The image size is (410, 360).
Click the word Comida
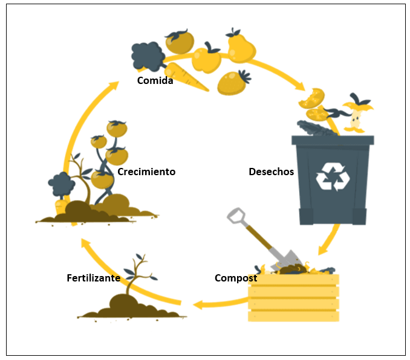[x=155, y=80]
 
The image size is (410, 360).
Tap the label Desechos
[x=271, y=172]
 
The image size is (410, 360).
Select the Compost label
[x=236, y=278]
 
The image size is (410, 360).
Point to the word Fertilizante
[x=94, y=278]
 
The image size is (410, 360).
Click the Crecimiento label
[x=146, y=172]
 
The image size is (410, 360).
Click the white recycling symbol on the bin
[x=333, y=177]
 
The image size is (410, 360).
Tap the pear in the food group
[x=241, y=47]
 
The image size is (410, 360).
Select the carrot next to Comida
[x=186, y=77]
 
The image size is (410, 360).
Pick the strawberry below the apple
[x=233, y=83]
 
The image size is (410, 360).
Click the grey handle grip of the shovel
[x=236, y=216]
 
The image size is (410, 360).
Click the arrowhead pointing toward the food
[x=114, y=85]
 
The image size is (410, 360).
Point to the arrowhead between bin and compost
[x=322, y=250]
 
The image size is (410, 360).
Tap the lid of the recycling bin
[x=333, y=140]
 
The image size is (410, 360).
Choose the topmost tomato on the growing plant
[x=117, y=129]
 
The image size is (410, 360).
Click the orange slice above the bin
[x=312, y=98]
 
